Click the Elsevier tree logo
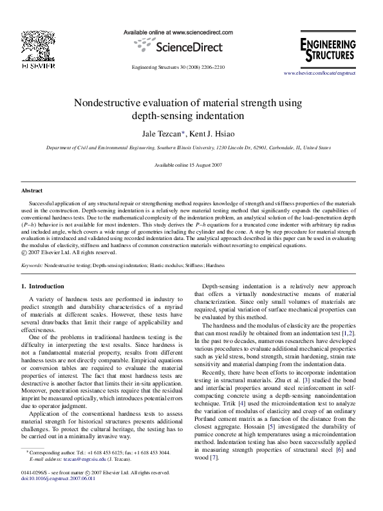click(40, 46)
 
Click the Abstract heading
click(32, 191)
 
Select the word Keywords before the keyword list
click(32, 265)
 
